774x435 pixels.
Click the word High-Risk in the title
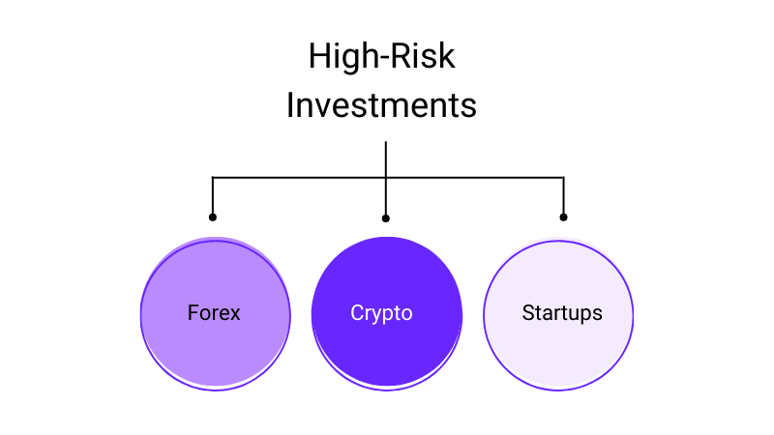[381, 55]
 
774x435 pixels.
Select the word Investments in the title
[381, 105]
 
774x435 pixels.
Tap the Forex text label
[214, 312]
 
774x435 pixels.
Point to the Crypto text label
[381, 313]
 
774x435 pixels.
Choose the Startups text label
[562, 313]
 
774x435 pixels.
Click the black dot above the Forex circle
[213, 217]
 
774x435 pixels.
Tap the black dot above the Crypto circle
[386, 218]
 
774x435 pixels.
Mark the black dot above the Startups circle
[564, 217]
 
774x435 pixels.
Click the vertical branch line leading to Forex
[213, 195]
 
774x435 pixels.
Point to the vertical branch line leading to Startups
[564, 195]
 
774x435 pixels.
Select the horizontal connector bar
[388, 177]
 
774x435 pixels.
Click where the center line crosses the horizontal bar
[386, 177]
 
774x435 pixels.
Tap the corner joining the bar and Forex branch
[213, 177]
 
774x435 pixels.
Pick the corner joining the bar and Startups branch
[564, 177]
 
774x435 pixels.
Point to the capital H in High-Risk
[319, 56]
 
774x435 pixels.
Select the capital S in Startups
[528, 312]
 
